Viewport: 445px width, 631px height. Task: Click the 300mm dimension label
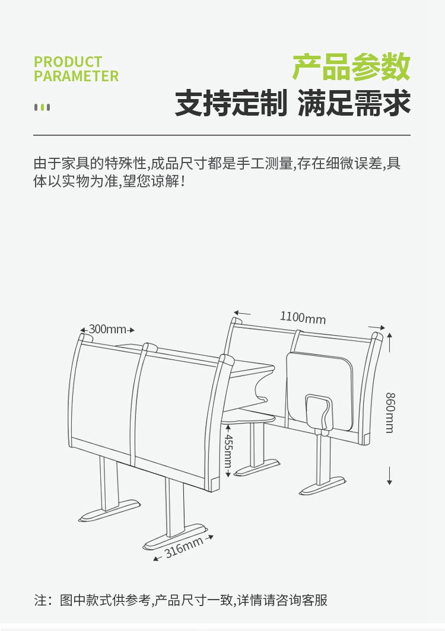point(107,329)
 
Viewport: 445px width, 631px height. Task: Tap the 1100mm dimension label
point(303,317)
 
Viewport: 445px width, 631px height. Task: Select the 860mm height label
point(389,412)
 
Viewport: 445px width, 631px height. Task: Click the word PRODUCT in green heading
point(68,62)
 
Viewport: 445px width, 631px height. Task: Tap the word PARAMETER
point(76,77)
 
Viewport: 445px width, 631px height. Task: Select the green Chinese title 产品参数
point(351,66)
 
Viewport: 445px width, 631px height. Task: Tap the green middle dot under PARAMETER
point(42,107)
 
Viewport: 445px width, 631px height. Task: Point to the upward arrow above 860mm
point(389,340)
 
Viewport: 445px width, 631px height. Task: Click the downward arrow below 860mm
point(389,478)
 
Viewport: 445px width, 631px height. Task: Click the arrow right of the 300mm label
point(131,330)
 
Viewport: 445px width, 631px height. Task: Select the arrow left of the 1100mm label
point(241,312)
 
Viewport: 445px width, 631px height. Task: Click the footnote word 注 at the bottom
point(40,600)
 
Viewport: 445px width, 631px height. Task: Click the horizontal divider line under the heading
point(222,135)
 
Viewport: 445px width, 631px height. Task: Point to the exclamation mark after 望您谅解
point(182,181)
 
